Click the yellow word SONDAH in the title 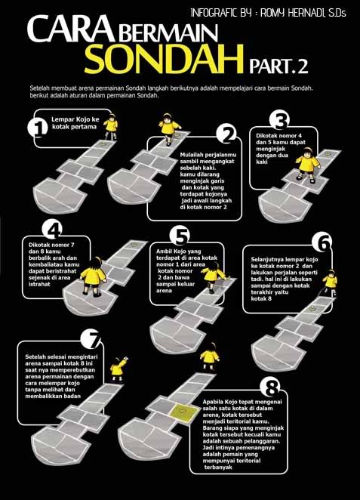pos(164,59)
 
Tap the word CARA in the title pos(70,29)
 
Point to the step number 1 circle pos(38,128)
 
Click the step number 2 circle pos(226,134)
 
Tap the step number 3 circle pos(279,120)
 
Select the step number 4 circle pos(52,230)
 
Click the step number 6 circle pos(322,243)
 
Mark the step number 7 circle pos(91,338)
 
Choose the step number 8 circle pos(269,388)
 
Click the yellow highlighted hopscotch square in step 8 pos(182,412)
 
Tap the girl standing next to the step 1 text pos(111,127)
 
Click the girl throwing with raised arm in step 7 pos(118,369)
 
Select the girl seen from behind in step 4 pos(93,276)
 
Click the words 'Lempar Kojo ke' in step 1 pos(75,119)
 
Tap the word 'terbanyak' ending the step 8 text pos(218,468)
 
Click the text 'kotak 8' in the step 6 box pos(261,299)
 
